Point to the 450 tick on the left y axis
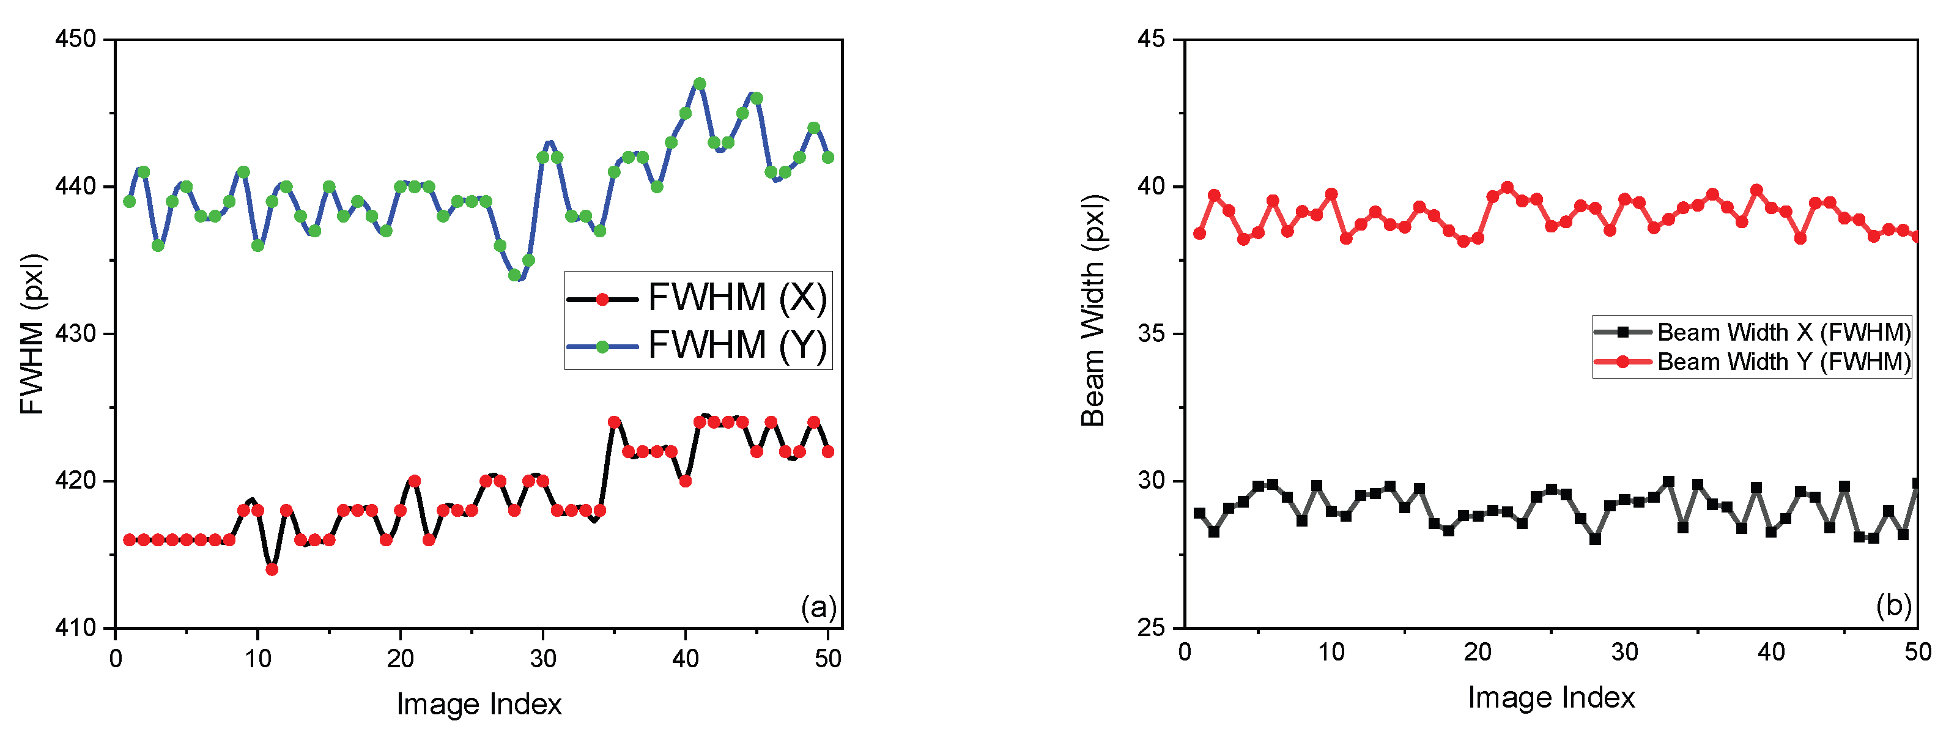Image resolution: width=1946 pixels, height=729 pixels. pyautogui.click(x=76, y=39)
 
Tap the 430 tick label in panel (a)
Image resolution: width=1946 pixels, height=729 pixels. pyautogui.click(x=76, y=333)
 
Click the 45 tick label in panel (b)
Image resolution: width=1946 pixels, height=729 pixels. pyautogui.click(x=1152, y=39)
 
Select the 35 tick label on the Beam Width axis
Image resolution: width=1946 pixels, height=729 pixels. pyautogui.click(x=1152, y=333)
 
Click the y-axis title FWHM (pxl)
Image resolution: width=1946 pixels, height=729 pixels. pyautogui.click(x=32, y=334)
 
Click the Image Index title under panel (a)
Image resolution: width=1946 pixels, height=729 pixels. pyautogui.click(x=479, y=704)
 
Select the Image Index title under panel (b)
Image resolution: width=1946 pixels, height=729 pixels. pyautogui.click(x=1551, y=697)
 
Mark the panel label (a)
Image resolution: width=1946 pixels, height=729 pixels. pyautogui.click(x=819, y=607)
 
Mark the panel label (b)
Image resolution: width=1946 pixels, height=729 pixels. pyautogui.click(x=1893, y=605)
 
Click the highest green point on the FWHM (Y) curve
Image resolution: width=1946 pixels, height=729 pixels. pyautogui.click(x=700, y=84)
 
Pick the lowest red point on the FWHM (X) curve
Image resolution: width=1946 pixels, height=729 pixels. pyautogui.click(x=272, y=569)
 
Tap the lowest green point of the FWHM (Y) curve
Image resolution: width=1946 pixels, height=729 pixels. pyautogui.click(x=514, y=275)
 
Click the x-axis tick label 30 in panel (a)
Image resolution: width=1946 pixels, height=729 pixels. pyautogui.click(x=542, y=659)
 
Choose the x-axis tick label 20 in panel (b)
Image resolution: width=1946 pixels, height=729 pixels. pyautogui.click(x=1478, y=652)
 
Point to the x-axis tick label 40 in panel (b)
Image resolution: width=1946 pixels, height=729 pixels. pyautogui.click(x=1770, y=652)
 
